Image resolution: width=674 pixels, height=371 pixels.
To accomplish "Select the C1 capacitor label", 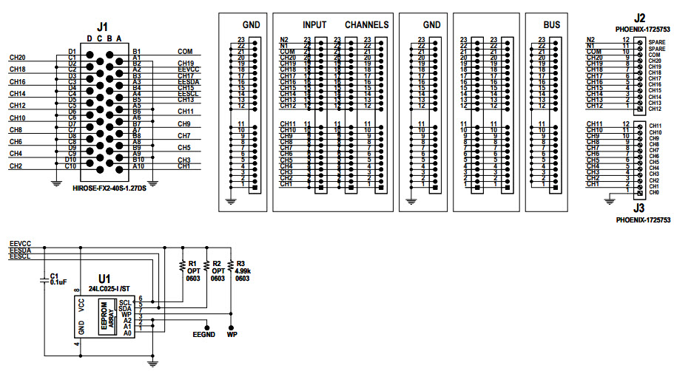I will click(53, 275).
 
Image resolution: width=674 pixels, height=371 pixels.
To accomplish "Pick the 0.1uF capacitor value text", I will click(58, 282).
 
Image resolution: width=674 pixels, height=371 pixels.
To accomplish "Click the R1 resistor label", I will click(193, 263).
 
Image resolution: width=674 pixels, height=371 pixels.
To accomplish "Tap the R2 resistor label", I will click(217, 263).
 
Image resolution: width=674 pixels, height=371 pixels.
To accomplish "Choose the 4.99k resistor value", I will click(243, 270).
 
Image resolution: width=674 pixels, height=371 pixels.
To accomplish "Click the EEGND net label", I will click(204, 335).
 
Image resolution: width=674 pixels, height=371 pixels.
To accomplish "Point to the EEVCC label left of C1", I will click(20, 243).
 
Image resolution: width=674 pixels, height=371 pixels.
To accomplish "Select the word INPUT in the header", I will click(314, 24).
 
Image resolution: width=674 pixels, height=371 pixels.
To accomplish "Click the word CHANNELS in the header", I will click(366, 24).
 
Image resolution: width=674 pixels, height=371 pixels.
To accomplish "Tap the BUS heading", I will click(551, 24).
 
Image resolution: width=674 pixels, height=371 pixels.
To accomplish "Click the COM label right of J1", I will click(184, 52).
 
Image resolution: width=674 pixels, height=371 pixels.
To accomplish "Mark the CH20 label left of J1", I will click(17, 57).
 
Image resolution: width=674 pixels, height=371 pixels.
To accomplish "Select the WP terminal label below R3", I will click(232, 335).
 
